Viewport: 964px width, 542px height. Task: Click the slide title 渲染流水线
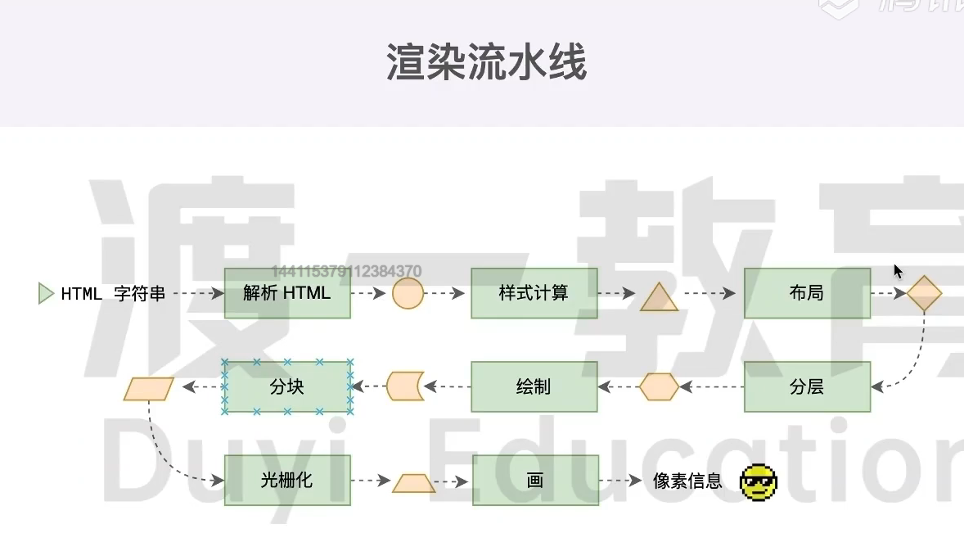click(x=486, y=62)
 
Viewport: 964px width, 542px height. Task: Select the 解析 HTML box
click(x=287, y=293)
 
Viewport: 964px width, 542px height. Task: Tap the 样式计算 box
click(x=534, y=293)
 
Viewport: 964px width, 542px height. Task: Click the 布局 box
click(x=807, y=293)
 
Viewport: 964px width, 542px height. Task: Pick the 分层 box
click(x=807, y=386)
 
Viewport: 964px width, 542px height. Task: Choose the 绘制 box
click(x=534, y=386)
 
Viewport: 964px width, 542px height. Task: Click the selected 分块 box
click(x=287, y=386)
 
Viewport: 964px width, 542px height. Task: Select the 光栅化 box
click(x=287, y=480)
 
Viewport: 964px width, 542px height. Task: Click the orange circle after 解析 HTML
click(x=408, y=293)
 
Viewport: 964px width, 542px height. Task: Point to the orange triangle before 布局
click(x=660, y=299)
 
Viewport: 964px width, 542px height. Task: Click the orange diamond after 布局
click(x=924, y=294)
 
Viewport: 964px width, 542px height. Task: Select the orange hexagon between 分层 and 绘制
click(x=659, y=386)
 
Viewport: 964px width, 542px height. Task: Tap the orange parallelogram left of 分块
click(x=150, y=388)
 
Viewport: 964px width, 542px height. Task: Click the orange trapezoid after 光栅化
click(x=413, y=483)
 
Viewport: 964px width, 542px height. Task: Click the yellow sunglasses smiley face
click(x=759, y=482)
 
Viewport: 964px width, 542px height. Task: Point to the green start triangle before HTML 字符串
click(x=46, y=293)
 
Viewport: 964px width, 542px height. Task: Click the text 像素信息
click(x=687, y=481)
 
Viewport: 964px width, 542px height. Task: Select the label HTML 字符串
click(x=113, y=294)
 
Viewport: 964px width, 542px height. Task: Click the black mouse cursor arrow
click(x=898, y=271)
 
